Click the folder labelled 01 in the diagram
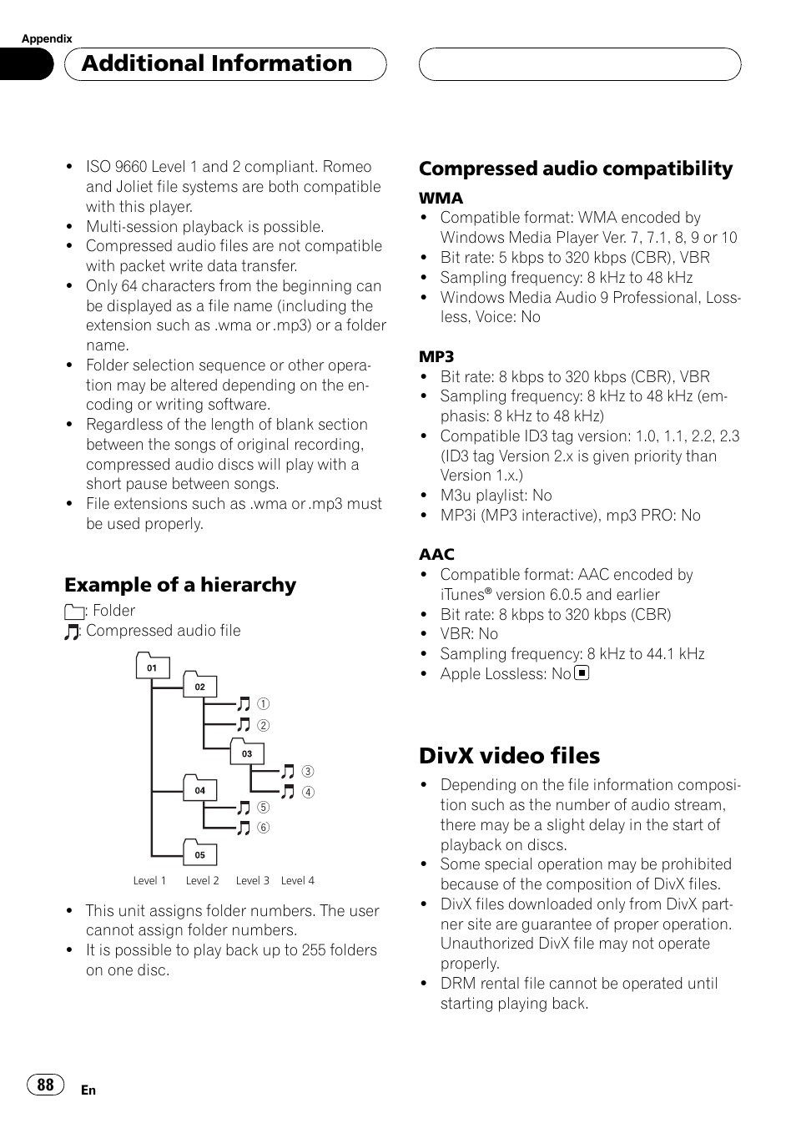tap(152, 667)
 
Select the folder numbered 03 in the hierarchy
tap(247, 753)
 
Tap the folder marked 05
tap(200, 854)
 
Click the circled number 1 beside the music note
tap(264, 704)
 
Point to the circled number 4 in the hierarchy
tap(308, 792)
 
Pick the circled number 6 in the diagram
tap(264, 828)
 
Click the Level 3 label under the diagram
tap(252, 880)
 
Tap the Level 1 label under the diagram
tap(149, 880)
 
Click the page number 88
tap(46, 1084)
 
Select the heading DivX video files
tap(509, 755)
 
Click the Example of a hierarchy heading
tap(180, 585)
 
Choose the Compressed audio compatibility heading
tap(576, 169)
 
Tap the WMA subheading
tap(441, 199)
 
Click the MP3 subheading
tap(436, 357)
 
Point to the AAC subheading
tap(436, 555)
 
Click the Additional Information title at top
tap(217, 63)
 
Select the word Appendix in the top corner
tap(47, 38)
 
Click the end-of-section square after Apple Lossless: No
tap(582, 672)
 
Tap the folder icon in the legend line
tap(73, 612)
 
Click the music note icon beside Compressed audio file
tap(72, 632)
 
